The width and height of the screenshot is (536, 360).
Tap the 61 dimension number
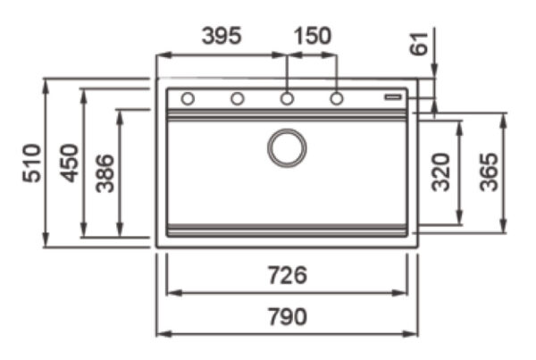(x=420, y=43)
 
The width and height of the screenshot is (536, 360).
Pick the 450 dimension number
(x=70, y=163)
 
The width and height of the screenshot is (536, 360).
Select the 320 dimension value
(x=440, y=171)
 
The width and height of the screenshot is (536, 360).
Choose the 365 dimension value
(x=488, y=171)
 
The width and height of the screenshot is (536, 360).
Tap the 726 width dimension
(x=287, y=275)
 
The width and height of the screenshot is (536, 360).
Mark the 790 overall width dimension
(x=287, y=316)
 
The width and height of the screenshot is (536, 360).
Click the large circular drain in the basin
(x=287, y=147)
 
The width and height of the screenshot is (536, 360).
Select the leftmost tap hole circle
(x=188, y=98)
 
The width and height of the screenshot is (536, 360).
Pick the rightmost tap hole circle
(x=337, y=98)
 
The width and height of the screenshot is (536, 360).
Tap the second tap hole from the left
(x=238, y=98)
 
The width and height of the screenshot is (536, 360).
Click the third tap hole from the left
(x=287, y=98)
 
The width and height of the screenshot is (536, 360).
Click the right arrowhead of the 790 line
(x=413, y=334)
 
